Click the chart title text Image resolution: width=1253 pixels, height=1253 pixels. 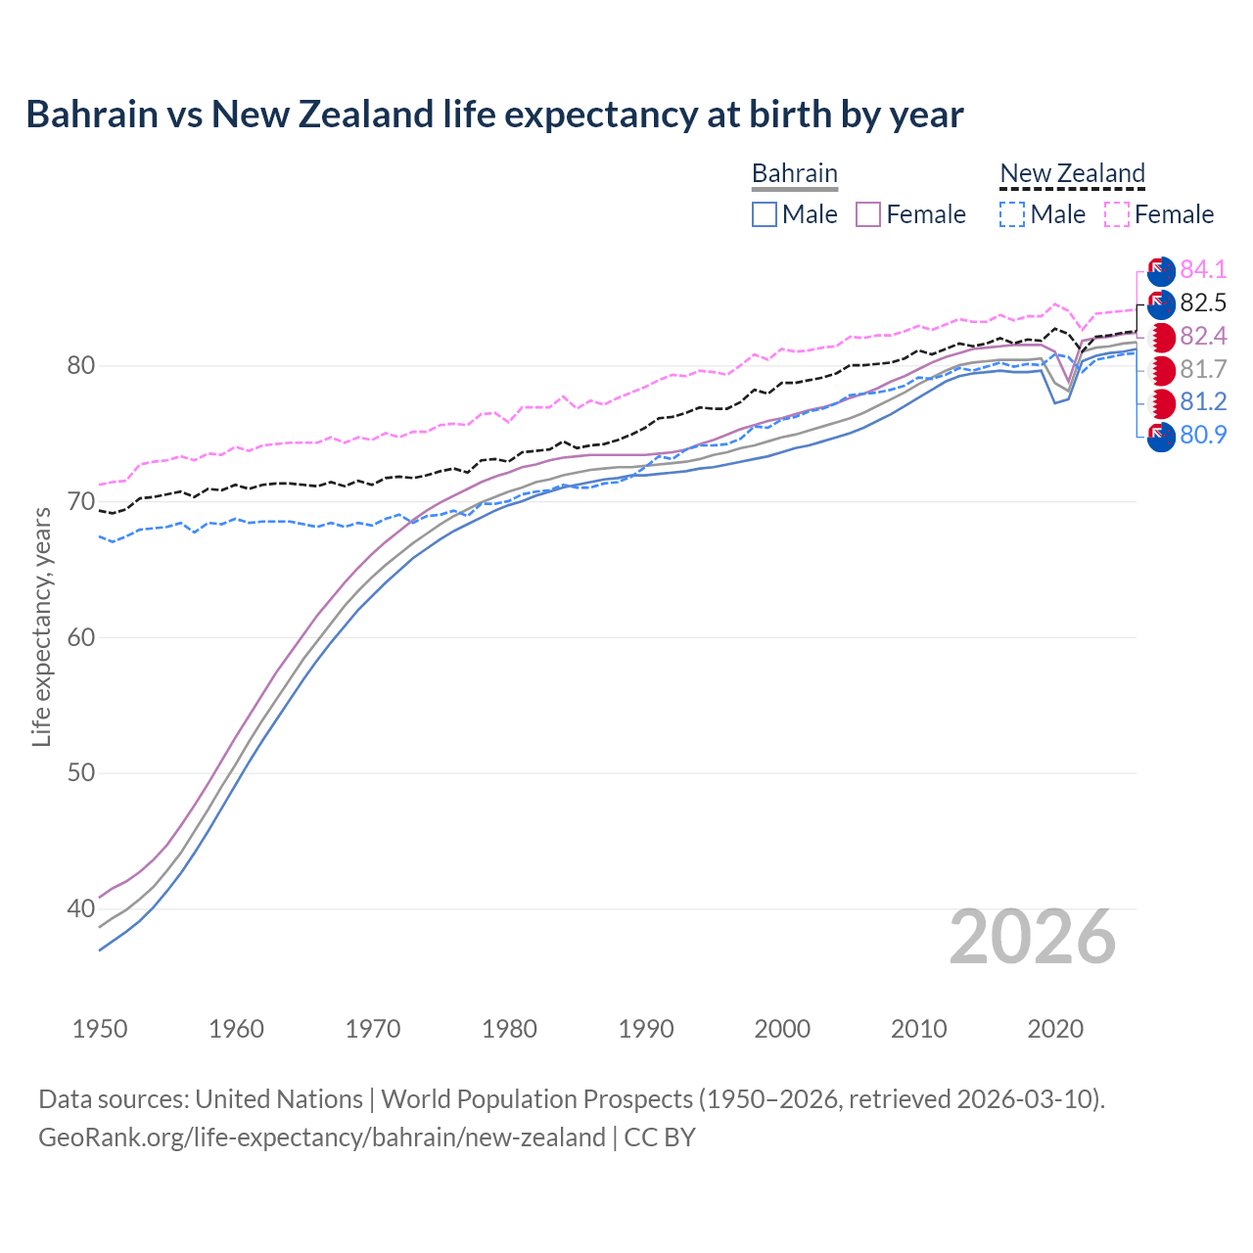coord(494,115)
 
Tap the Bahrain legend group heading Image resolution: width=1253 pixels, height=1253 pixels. coord(794,173)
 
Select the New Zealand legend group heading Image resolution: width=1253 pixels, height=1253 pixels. coord(1072,173)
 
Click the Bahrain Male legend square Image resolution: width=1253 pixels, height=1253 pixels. coord(765,214)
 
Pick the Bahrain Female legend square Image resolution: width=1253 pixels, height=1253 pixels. coord(868,214)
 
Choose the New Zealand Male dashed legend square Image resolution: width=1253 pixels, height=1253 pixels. coord(1012,214)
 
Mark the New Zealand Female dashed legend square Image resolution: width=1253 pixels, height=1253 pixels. coord(1117,214)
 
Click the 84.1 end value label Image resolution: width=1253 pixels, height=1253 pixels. coord(1203,269)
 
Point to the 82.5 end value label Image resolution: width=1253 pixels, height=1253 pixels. coord(1203,302)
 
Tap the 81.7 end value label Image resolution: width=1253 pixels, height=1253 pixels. coord(1203,369)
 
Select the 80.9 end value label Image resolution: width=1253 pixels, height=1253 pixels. coord(1203,435)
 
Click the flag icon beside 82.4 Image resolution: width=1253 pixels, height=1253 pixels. coord(1161,338)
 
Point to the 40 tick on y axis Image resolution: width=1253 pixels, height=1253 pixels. coord(81,909)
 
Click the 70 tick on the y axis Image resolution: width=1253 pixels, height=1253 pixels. coord(81,502)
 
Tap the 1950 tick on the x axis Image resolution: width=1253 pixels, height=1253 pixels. coord(100,1029)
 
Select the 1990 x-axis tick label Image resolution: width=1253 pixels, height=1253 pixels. coord(646,1029)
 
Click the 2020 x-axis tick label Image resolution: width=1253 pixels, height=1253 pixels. coord(1055,1029)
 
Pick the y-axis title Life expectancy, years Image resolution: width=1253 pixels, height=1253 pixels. coord(42,626)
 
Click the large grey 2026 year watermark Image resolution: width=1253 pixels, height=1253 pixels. coord(1033,938)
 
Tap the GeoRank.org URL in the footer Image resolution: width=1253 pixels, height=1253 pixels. coord(322,1137)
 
